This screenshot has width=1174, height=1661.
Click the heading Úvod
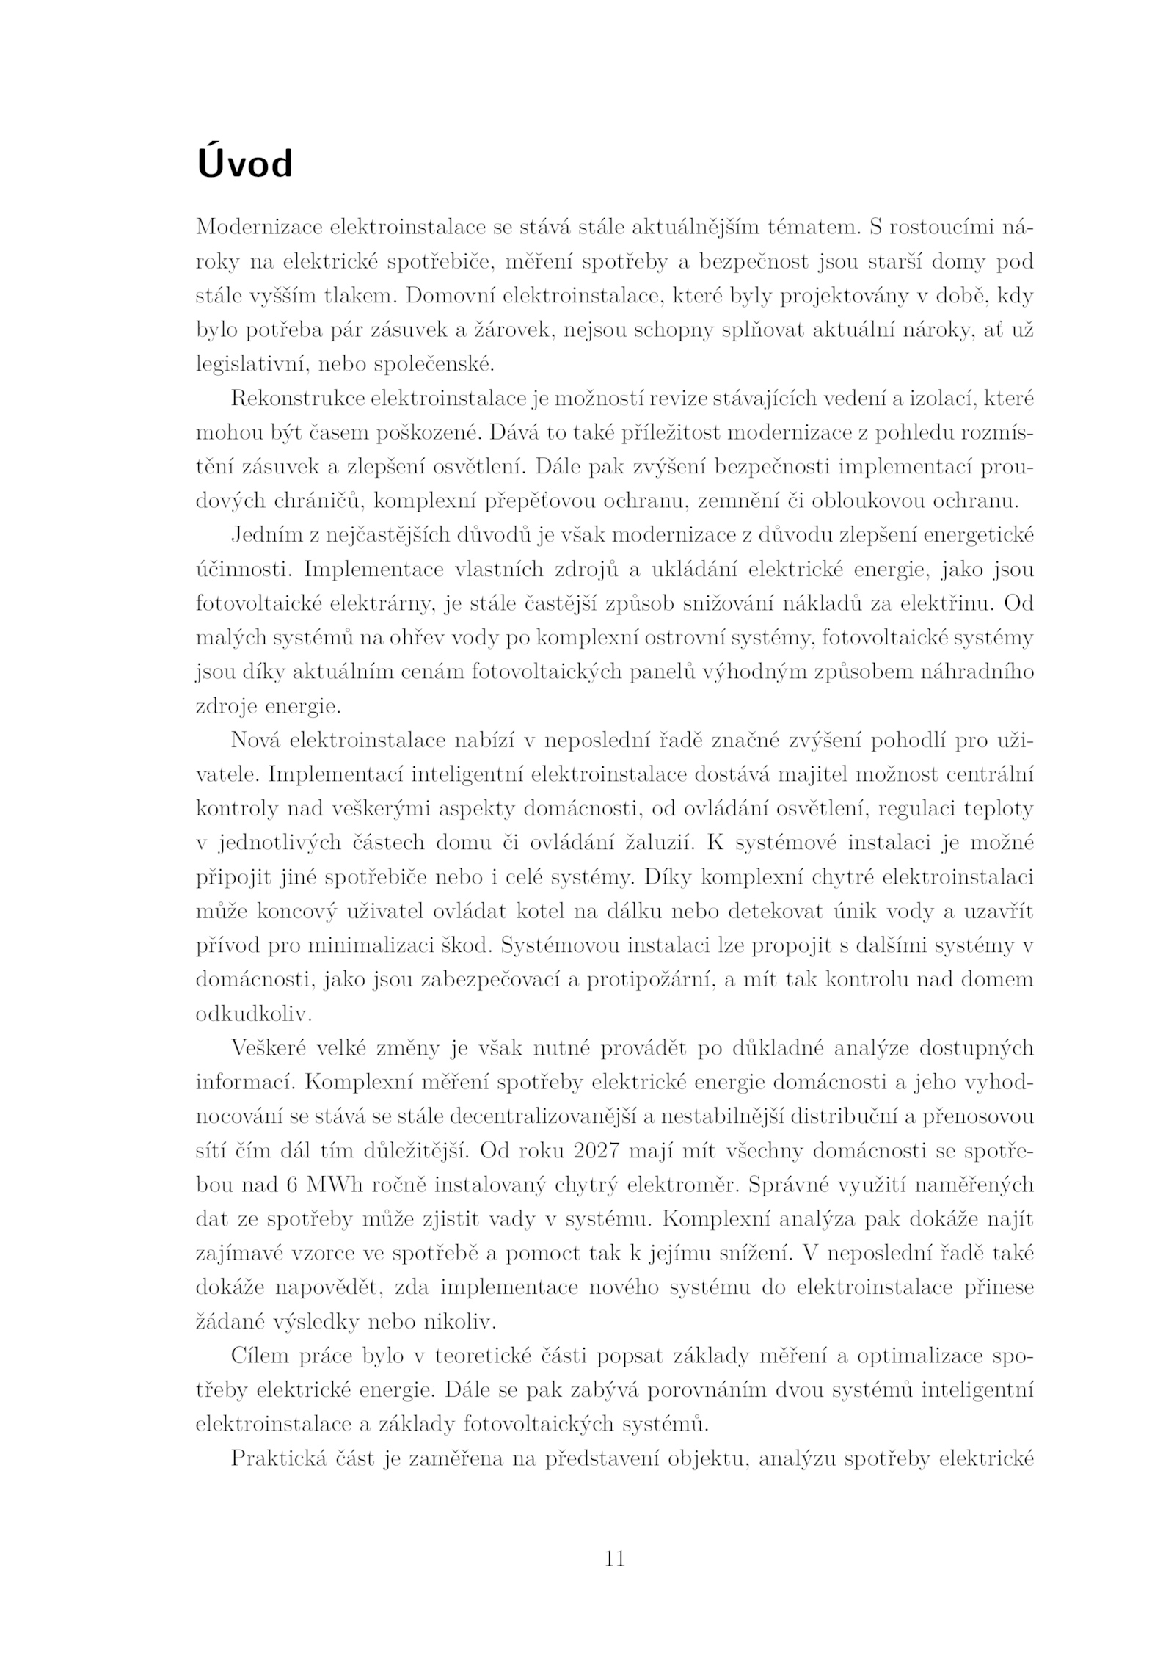244,164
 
